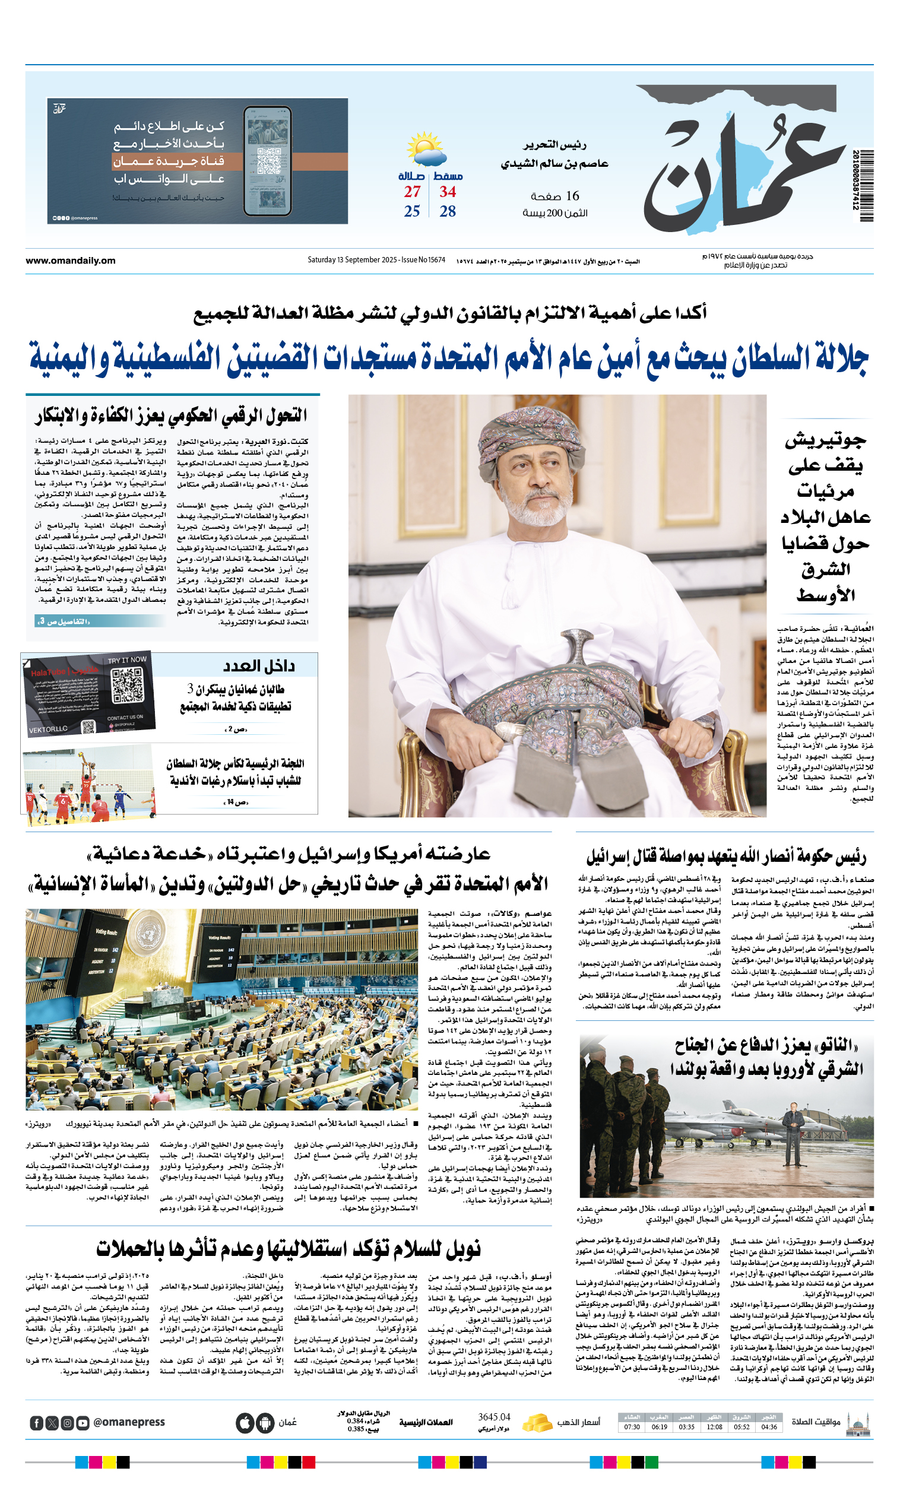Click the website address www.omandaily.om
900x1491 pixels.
(x=70, y=261)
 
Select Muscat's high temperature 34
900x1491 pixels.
(x=448, y=192)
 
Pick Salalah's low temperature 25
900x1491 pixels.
(x=412, y=211)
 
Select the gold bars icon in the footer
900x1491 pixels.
(x=537, y=1422)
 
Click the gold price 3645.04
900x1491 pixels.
(x=494, y=1417)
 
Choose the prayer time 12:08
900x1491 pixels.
(x=714, y=1426)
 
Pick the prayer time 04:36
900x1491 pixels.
(x=769, y=1426)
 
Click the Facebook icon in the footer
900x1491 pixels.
(x=36, y=1423)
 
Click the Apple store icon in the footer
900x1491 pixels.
(x=246, y=1423)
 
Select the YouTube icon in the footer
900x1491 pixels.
(x=83, y=1423)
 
